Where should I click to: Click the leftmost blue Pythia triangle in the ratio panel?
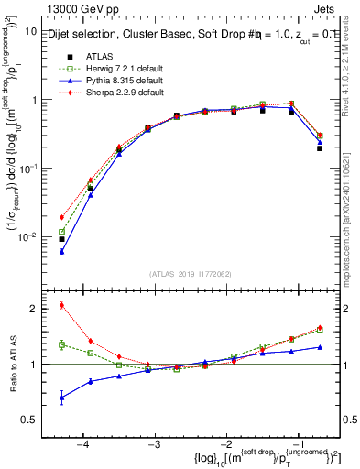pyautogui.click(x=61, y=397)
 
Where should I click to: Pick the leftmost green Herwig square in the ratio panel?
pyautogui.click(x=61, y=345)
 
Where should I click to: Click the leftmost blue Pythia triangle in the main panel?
pyautogui.click(x=61, y=251)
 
